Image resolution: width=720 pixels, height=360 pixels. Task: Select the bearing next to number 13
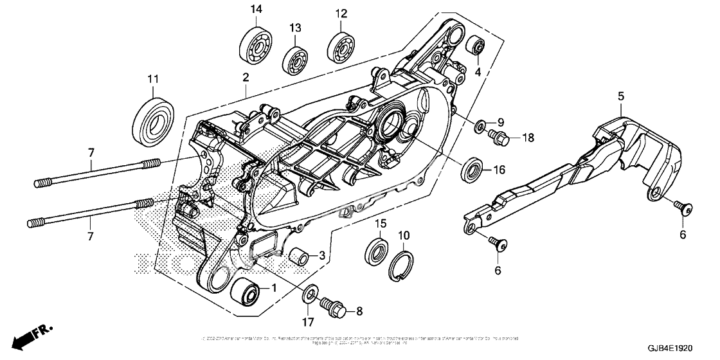tap(295, 60)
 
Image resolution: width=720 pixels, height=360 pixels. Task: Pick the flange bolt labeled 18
tap(500, 136)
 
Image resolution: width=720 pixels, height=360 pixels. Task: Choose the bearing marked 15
tap(377, 251)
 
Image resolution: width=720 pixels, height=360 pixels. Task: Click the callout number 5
tap(620, 96)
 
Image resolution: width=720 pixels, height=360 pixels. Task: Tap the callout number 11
tap(152, 79)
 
